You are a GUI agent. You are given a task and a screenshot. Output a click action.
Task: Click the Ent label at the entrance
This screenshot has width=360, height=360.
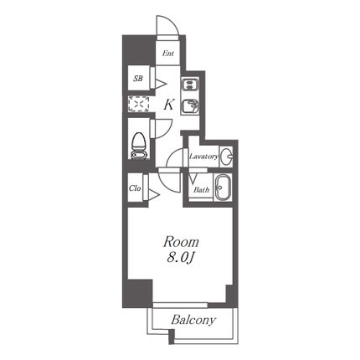[168, 54]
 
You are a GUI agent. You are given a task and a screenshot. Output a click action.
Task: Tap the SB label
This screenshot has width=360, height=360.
[138, 79]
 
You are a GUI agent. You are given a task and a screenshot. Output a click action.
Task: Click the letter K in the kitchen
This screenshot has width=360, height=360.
[169, 105]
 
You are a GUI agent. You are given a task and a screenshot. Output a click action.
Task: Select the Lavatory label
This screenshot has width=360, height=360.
[204, 157]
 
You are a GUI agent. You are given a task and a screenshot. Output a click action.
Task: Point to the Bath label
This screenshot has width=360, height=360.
[202, 190]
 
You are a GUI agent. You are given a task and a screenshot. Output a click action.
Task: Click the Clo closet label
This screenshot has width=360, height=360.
[135, 188]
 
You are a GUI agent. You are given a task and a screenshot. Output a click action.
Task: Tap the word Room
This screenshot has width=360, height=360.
[181, 242]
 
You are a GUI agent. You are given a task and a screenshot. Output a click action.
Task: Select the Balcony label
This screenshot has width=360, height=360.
[193, 320]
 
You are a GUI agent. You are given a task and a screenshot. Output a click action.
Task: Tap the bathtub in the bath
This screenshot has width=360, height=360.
[223, 188]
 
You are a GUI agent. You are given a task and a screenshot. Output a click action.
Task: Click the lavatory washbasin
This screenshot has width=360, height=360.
[226, 157]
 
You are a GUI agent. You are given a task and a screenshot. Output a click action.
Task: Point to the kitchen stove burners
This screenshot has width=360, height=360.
[190, 85]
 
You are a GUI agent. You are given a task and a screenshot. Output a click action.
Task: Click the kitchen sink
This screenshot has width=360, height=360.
[190, 106]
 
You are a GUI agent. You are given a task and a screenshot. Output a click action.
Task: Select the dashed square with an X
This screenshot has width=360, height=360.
[138, 104]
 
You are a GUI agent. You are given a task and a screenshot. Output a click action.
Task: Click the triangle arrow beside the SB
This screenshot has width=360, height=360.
[161, 84]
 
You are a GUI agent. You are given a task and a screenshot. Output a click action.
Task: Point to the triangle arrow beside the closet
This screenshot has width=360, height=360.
[154, 195]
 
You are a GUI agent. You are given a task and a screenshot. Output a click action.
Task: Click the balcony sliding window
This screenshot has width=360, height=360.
[180, 305]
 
